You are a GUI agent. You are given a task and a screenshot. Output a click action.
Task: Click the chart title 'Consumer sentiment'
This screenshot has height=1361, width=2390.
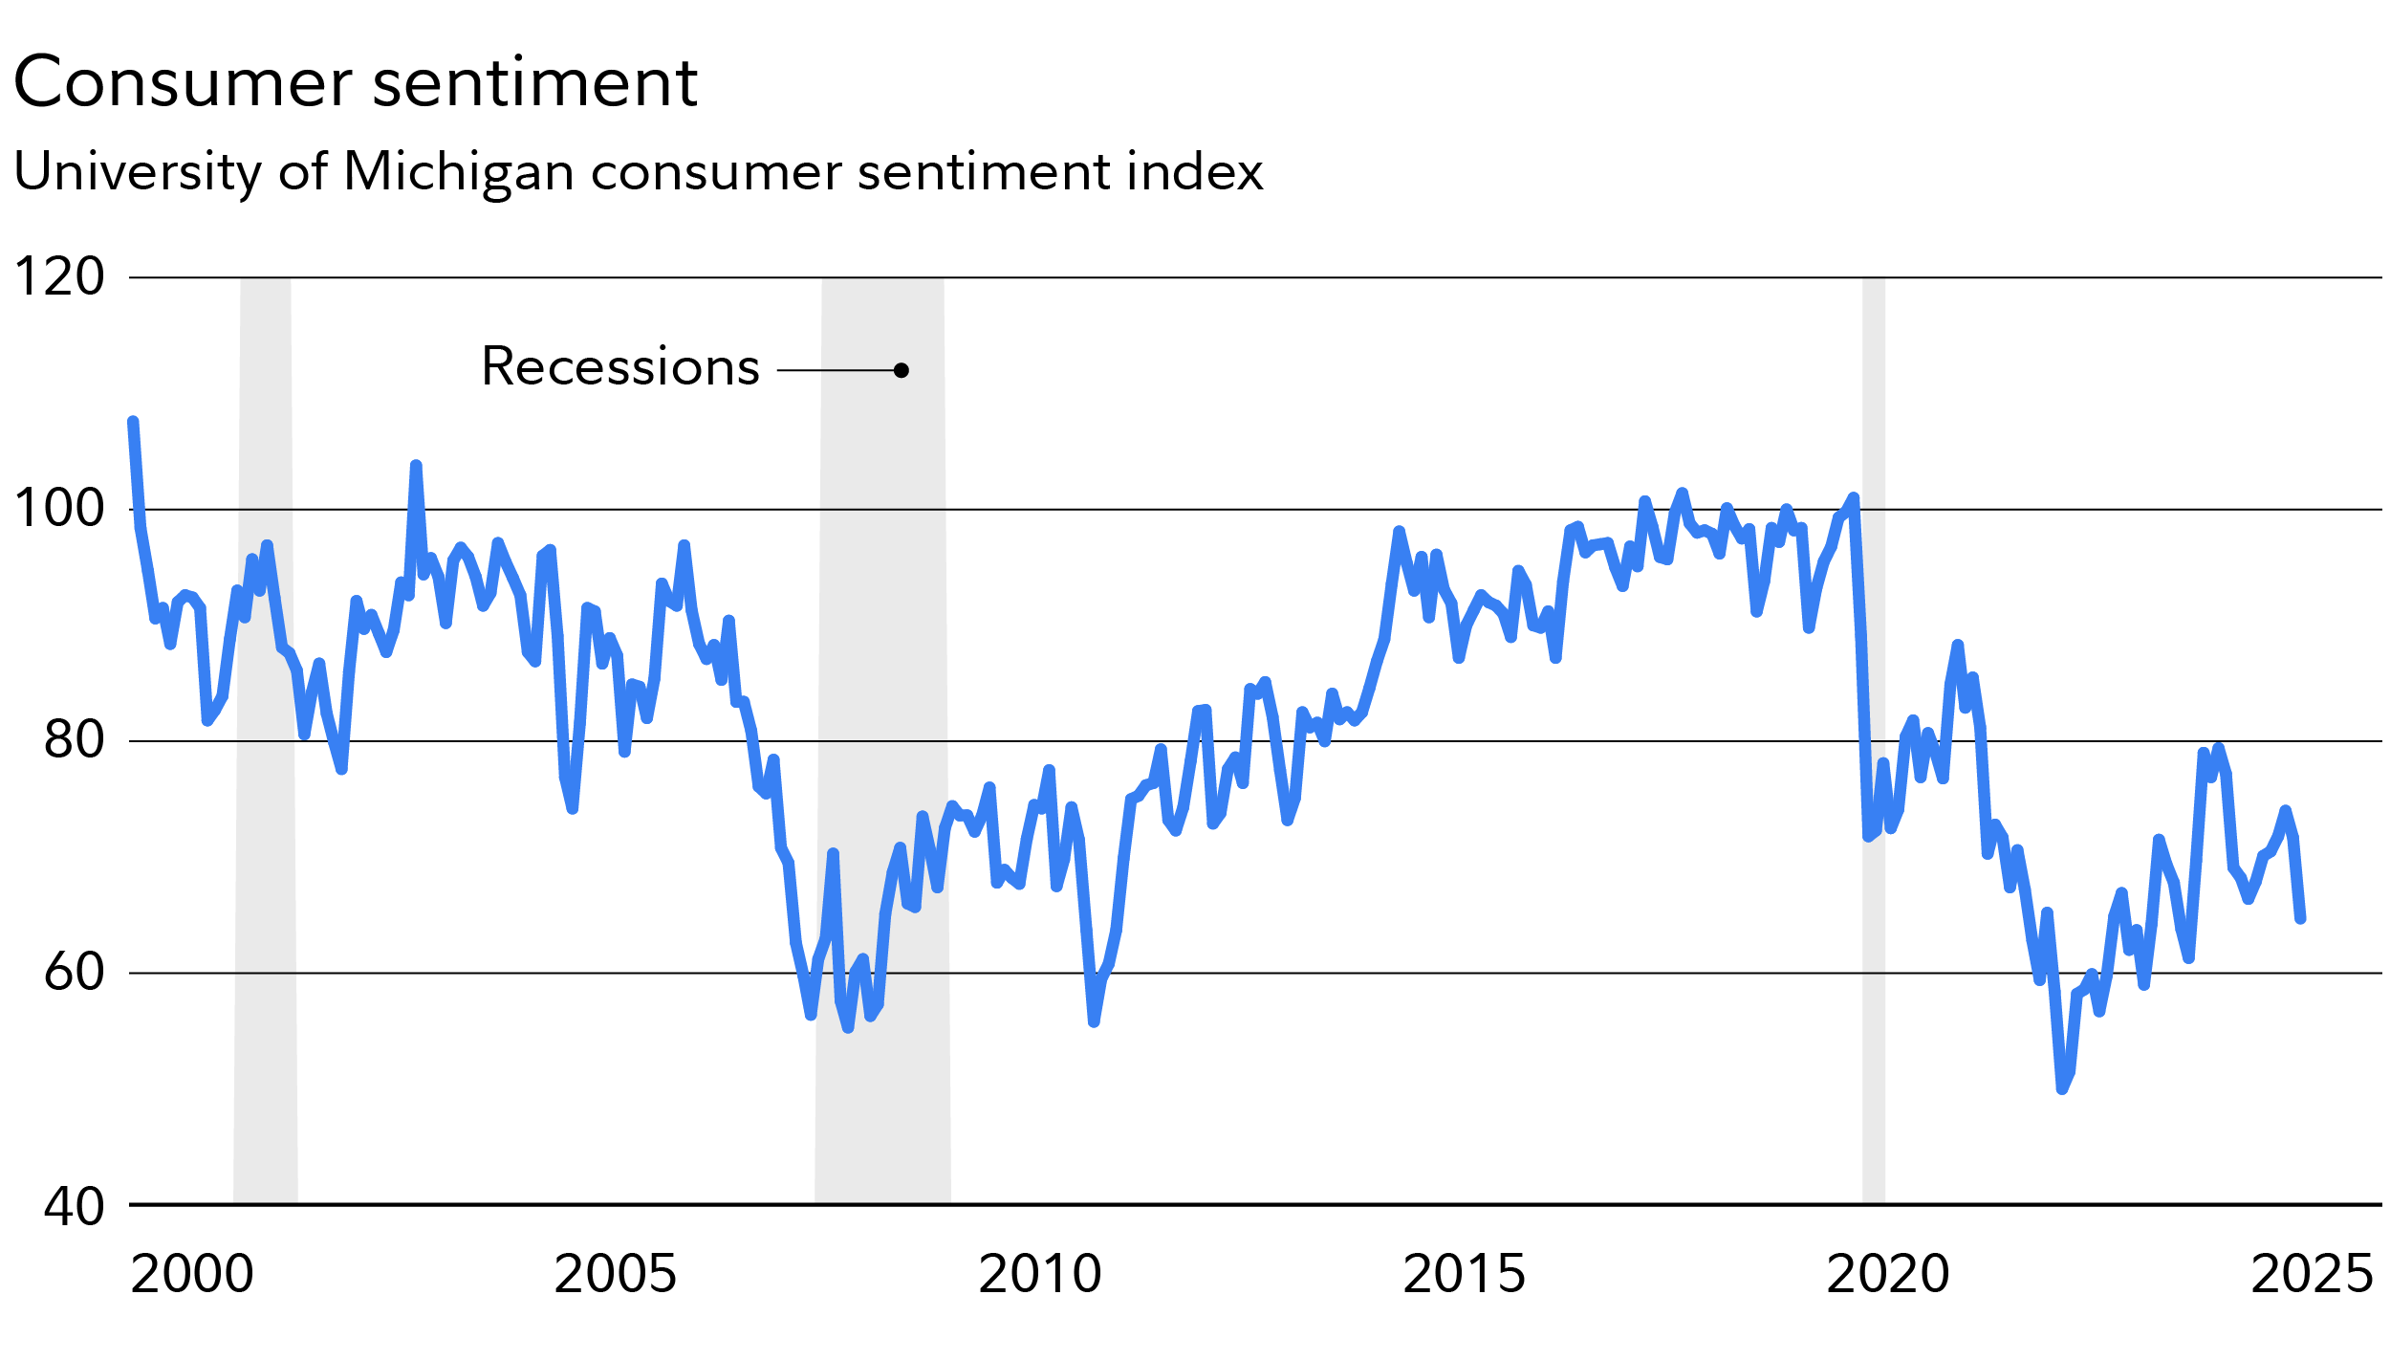(355, 83)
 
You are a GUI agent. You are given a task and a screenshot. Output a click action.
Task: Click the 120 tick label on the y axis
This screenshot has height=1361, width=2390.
(59, 277)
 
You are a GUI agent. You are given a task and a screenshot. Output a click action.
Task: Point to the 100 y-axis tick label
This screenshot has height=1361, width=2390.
(59, 509)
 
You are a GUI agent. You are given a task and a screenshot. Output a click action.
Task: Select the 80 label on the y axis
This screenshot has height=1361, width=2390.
(74, 740)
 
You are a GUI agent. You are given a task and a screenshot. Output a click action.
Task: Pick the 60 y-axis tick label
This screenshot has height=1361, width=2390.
(74, 973)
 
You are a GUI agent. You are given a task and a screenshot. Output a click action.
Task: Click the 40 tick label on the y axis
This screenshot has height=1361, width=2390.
(74, 1207)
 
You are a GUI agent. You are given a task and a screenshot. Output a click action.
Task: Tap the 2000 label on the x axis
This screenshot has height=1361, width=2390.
(191, 1275)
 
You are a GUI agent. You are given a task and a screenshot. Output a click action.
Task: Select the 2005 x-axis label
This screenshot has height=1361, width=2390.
(615, 1275)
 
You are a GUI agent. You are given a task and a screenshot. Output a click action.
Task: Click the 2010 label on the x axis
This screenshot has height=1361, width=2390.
(1039, 1275)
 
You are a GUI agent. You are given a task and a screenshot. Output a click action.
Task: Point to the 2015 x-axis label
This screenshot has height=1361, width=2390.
(1464, 1275)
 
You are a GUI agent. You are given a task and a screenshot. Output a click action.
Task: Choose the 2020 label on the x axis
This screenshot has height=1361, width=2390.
(1887, 1275)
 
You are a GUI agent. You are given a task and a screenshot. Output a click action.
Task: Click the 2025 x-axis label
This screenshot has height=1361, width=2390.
(2312, 1275)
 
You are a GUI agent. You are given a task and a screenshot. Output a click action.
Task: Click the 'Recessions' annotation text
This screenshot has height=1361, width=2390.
(620, 367)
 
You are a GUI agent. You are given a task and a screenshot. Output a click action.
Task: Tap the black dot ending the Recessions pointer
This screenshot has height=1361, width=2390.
(902, 370)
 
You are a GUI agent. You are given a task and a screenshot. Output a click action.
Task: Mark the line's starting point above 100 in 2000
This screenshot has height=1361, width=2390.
(133, 422)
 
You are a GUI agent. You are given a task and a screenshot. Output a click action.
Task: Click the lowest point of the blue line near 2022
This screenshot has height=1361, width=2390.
(2062, 1088)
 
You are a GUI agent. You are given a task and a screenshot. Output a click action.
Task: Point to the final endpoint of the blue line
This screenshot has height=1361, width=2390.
(2301, 919)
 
